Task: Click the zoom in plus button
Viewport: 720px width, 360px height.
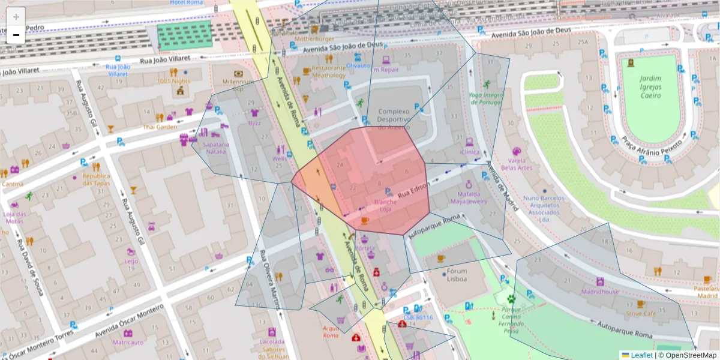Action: [x=16, y=17]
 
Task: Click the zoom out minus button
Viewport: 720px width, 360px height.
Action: [x=16, y=35]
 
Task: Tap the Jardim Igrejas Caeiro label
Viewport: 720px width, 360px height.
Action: [x=650, y=87]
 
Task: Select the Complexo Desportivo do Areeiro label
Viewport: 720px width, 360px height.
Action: [x=394, y=119]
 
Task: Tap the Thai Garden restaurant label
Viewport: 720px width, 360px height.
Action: [x=160, y=127]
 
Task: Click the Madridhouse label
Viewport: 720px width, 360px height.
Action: [x=599, y=292]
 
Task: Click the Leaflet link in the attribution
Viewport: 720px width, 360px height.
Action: [x=641, y=355]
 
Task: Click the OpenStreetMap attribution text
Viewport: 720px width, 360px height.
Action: [x=688, y=355]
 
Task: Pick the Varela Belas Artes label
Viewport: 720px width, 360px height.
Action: [x=517, y=164]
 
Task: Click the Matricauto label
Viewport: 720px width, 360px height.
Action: [x=128, y=343]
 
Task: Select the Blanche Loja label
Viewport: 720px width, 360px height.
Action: [x=385, y=206]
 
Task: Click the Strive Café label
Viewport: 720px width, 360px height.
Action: [x=640, y=313]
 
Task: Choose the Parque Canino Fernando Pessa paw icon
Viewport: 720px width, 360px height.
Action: [x=511, y=298]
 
